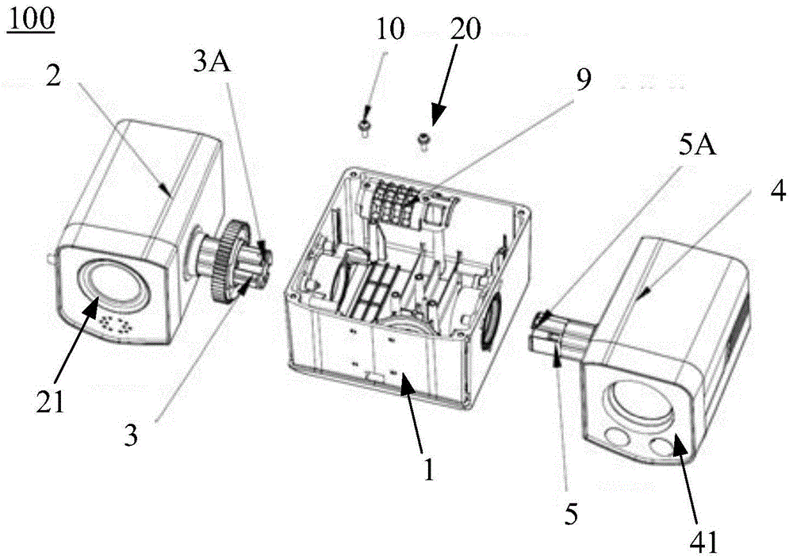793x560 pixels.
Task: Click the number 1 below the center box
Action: coord(428,470)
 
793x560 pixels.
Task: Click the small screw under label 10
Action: coord(364,127)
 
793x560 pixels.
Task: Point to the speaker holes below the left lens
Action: coord(115,325)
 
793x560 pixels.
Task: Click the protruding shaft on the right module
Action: coord(555,333)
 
